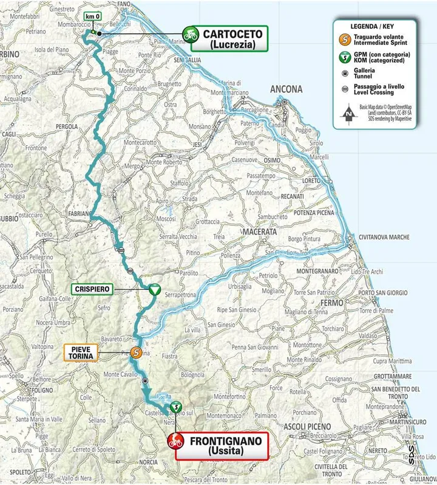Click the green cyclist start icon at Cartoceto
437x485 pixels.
coord(191,34)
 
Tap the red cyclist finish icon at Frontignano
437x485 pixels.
coord(175,441)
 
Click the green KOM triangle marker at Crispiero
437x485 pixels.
coord(154,290)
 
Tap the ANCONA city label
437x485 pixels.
coord(286,89)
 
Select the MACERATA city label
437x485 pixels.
coord(259,232)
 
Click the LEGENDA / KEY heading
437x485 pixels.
coord(374,26)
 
